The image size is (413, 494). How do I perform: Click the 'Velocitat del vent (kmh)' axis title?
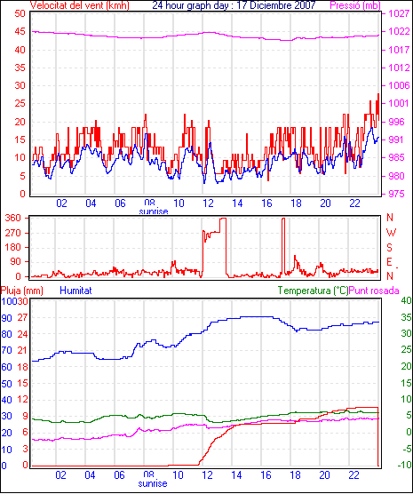(80, 5)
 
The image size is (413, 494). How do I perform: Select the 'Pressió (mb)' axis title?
(355, 5)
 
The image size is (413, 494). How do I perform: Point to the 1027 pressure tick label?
(399, 13)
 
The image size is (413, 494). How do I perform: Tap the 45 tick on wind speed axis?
(20, 32)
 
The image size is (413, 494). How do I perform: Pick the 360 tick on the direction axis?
(13, 218)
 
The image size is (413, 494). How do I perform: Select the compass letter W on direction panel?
(391, 233)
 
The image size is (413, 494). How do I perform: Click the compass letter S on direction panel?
(389, 248)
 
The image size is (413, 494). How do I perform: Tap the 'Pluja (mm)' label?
(21, 291)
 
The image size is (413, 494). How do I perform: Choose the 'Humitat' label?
(75, 291)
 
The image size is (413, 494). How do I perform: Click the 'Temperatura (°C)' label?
(313, 291)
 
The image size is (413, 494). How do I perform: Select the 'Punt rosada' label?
(374, 291)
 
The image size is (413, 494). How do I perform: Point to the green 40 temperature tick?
(407, 300)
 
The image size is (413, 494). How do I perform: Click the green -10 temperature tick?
(405, 465)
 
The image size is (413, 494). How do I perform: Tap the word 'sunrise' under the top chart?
(154, 211)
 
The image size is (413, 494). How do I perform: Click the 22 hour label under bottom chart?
(353, 474)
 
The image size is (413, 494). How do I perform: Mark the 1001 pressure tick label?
(399, 103)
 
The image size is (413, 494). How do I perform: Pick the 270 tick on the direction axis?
(13, 233)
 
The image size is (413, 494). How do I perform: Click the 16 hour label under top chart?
(266, 203)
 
